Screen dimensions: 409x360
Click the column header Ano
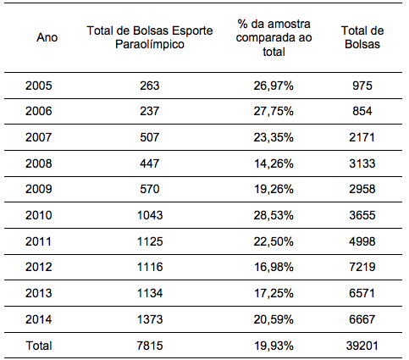pyautogui.click(x=47, y=37)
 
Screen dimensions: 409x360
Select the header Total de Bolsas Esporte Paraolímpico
pyautogui.click(x=150, y=37)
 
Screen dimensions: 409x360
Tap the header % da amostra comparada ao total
pyautogui.click(x=274, y=37)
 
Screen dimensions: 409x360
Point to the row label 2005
pyautogui.click(x=39, y=86)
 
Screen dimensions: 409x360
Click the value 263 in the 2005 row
pyautogui.click(x=150, y=86)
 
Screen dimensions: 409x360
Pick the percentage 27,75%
pyautogui.click(x=274, y=111)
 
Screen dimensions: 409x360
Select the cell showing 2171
pyautogui.click(x=362, y=137)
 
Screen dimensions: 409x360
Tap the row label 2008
pyautogui.click(x=39, y=163)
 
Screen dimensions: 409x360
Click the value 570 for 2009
pyautogui.click(x=150, y=189)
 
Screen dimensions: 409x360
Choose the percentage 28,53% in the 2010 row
pyautogui.click(x=274, y=215)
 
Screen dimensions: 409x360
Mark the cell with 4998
pyautogui.click(x=362, y=241)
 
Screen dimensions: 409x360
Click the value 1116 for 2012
pyautogui.click(x=150, y=267)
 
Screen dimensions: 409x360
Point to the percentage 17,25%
pyautogui.click(x=274, y=293)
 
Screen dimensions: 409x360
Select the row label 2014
pyautogui.click(x=39, y=319)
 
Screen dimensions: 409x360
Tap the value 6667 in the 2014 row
pyautogui.click(x=362, y=319)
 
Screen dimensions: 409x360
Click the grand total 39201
pyautogui.click(x=362, y=346)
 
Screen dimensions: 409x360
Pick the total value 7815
pyautogui.click(x=150, y=346)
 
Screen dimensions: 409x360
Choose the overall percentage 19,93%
pyautogui.click(x=274, y=346)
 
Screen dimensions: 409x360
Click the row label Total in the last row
pyautogui.click(x=39, y=346)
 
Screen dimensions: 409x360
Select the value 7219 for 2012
pyautogui.click(x=362, y=267)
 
